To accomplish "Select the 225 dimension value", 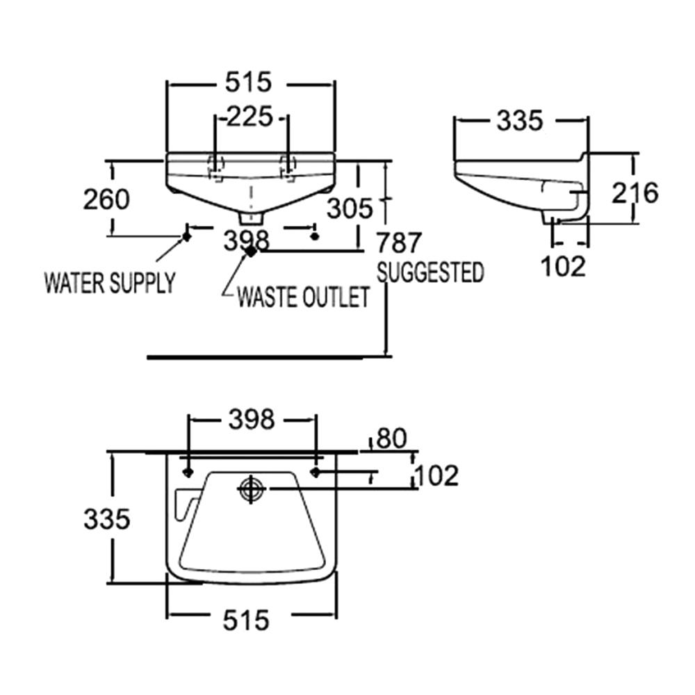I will (x=250, y=117).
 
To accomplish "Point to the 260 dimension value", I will (x=106, y=199).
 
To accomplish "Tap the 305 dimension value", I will (x=350, y=208).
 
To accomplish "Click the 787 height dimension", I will (x=399, y=243).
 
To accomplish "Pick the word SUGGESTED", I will (x=430, y=272).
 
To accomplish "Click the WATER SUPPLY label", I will (x=110, y=283).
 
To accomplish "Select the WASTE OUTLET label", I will (x=302, y=298).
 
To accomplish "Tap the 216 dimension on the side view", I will (x=634, y=193).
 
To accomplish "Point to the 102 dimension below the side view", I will (x=563, y=266).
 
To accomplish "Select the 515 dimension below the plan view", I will (x=247, y=619).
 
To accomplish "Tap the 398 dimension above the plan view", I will (x=252, y=419).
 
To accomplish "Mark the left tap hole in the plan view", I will (x=188, y=473).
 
